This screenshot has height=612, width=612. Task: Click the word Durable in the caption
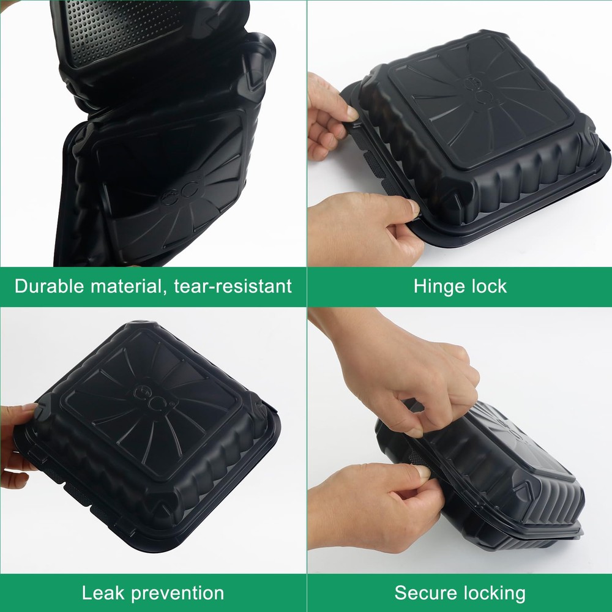(x=49, y=286)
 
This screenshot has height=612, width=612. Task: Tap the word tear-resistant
(x=233, y=286)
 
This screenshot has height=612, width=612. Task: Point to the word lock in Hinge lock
(x=489, y=286)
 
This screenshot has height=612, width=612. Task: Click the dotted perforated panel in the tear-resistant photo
(x=121, y=31)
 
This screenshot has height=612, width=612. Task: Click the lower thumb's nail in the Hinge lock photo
(x=413, y=207)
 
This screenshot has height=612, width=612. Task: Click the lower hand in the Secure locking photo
(x=375, y=507)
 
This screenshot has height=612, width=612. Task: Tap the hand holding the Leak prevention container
(x=18, y=445)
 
